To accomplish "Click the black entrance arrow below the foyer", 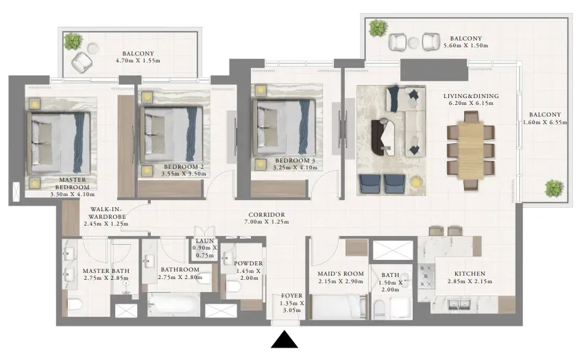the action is tap(284, 340).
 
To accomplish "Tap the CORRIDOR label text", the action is tap(267, 215).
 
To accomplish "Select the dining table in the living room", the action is tap(471, 151).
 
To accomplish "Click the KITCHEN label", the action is tap(470, 274).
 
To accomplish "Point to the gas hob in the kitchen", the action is tap(426, 276).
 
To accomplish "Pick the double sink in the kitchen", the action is tap(459, 304).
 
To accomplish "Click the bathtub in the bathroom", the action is tap(173, 304).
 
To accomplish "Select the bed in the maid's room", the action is tap(339, 307).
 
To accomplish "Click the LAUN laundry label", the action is tap(205, 241).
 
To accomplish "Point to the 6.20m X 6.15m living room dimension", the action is tap(471, 103).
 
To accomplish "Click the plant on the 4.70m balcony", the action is tap(73, 41).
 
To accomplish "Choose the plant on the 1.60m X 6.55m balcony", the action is tap(555, 188).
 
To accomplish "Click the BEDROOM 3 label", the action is tap(295, 160).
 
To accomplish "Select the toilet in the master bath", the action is tap(74, 304).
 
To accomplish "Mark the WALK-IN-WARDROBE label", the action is tap(106, 213).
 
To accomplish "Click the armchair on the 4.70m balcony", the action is tap(82, 62).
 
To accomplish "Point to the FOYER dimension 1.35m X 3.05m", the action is tap(292, 307).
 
